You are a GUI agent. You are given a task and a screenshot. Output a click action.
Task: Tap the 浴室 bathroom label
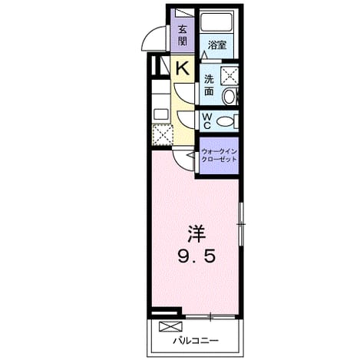tap(217, 45)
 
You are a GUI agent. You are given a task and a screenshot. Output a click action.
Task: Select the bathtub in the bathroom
tap(216, 22)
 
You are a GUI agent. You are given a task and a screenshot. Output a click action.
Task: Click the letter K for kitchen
tap(183, 68)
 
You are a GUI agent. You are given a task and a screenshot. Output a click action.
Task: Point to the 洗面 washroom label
tap(209, 85)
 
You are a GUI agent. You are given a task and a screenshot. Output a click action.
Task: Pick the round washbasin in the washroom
tap(230, 97)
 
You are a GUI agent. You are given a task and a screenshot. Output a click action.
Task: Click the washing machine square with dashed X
tap(230, 75)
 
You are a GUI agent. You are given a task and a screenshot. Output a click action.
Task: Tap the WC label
tap(207, 121)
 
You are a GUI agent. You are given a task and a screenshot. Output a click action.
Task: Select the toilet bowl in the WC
tap(225, 121)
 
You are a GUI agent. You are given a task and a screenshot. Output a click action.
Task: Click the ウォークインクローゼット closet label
tap(219, 156)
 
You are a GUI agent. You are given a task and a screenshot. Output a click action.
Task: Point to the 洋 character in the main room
tap(197, 234)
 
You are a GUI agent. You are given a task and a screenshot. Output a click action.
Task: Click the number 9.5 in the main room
tap(197, 256)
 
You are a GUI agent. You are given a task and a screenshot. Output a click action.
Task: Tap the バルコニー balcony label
tap(196, 341)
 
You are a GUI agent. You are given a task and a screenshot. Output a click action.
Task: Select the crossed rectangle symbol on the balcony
tap(170, 326)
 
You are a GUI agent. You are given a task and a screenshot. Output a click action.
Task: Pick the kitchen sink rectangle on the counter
tap(161, 114)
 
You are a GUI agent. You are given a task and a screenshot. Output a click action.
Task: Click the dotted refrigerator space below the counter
tap(162, 134)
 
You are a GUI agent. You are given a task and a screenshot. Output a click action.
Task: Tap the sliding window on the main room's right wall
tap(240, 224)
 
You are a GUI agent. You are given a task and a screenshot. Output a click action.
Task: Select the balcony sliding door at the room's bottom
tap(210, 317)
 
